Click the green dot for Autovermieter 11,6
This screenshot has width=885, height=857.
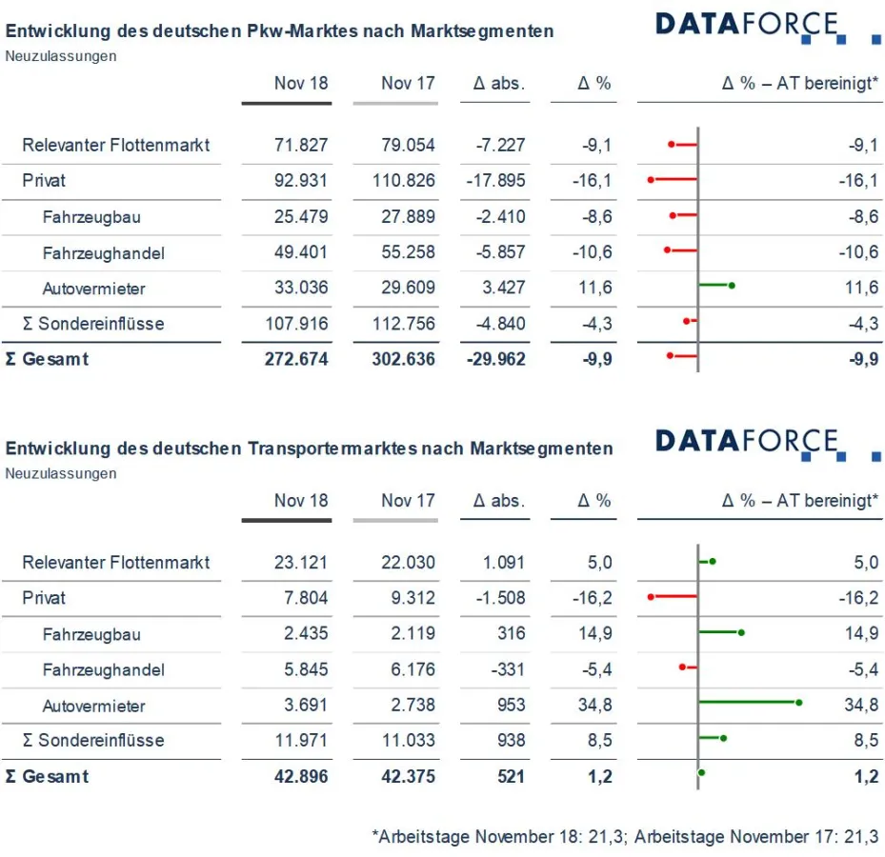coord(732,285)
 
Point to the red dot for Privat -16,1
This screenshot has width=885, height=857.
coord(651,179)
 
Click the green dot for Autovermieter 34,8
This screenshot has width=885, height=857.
coord(798,703)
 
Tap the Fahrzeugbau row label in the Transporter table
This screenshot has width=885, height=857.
coord(91,634)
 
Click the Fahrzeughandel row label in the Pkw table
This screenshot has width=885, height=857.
coord(103,252)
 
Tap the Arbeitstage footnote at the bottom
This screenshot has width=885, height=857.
coord(625,837)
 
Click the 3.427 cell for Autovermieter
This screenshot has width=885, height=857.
coord(500,289)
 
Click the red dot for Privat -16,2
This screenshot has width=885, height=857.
coord(651,597)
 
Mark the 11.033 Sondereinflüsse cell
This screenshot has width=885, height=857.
coord(408,741)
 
